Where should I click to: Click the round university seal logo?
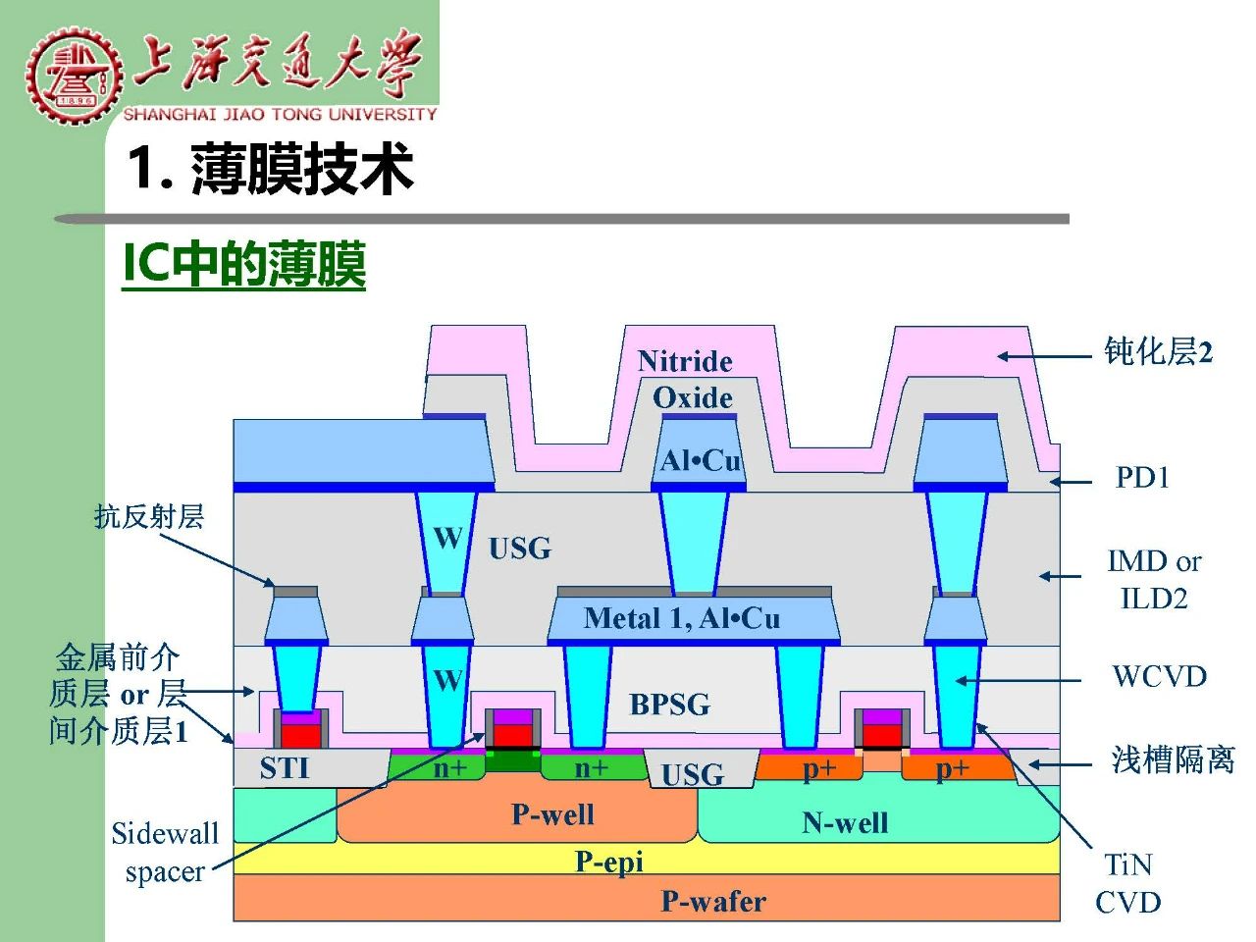point(75,76)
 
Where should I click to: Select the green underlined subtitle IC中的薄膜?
point(243,264)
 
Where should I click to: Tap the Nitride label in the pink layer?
point(685,361)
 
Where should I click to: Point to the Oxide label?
point(693,397)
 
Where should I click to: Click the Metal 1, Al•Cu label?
point(682,618)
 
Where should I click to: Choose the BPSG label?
point(670,705)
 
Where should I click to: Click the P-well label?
point(552,813)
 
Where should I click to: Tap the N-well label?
point(845,822)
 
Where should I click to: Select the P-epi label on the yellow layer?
point(608,862)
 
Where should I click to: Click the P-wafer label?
point(713,902)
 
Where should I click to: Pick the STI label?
point(285,767)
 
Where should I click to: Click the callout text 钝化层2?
point(1158,351)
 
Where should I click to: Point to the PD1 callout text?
point(1142,477)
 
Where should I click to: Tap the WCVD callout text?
point(1160,676)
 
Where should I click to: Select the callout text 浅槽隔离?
point(1173,760)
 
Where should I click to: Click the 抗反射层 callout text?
point(149,516)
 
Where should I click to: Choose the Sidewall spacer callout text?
point(166,853)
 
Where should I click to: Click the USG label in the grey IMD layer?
point(520,548)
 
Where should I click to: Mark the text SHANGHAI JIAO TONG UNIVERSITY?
point(281,114)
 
